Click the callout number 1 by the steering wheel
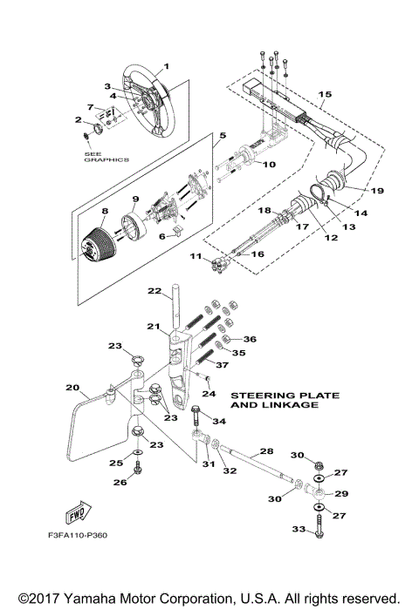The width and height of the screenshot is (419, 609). coord(167,66)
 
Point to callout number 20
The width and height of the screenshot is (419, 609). coord(72,387)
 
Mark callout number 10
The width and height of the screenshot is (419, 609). coord(270,164)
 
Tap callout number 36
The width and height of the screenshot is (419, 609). coord(250,339)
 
